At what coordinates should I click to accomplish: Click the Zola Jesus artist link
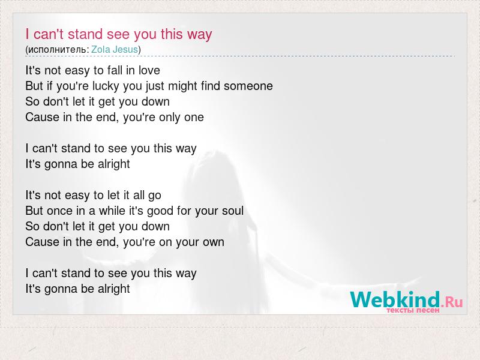click(115, 49)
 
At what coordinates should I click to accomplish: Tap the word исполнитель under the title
click(57, 50)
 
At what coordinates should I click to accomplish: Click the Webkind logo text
click(395, 299)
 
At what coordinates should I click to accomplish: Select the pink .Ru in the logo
click(452, 302)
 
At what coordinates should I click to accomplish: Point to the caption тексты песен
click(413, 310)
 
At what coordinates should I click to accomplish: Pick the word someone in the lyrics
click(248, 86)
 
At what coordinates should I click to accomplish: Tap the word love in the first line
click(149, 70)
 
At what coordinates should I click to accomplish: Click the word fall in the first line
click(115, 70)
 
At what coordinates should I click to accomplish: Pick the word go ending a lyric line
click(155, 196)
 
